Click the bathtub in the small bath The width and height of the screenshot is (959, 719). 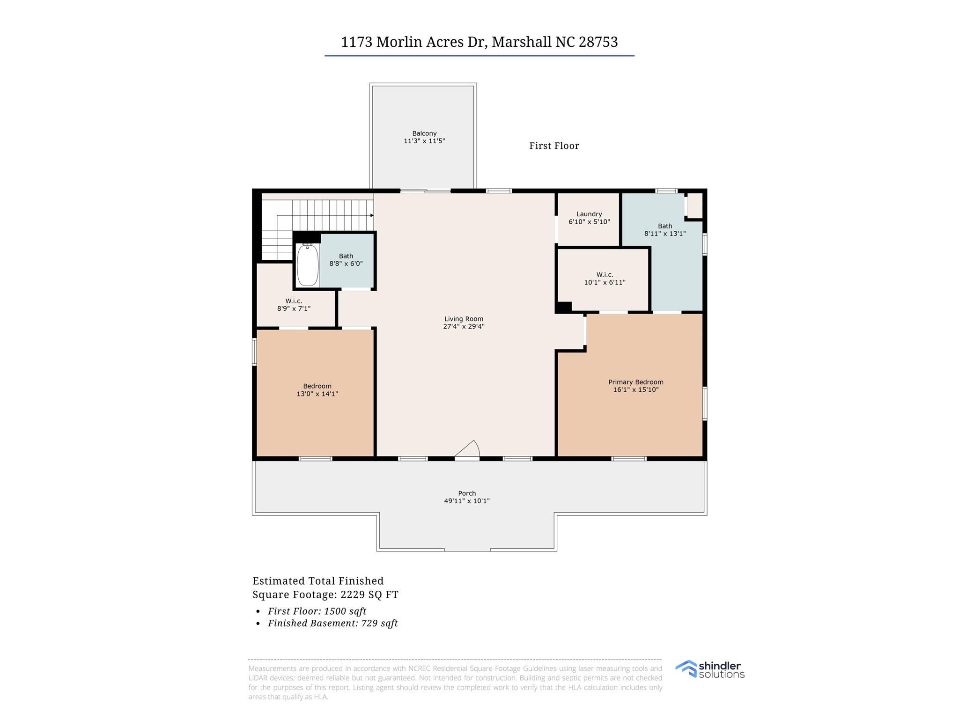(x=308, y=264)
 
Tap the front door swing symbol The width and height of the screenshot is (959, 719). (x=468, y=449)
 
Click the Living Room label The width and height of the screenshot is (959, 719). (x=464, y=319)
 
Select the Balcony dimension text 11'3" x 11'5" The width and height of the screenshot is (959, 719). (x=424, y=141)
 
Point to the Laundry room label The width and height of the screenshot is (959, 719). (x=589, y=214)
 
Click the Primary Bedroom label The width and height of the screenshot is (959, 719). (x=635, y=382)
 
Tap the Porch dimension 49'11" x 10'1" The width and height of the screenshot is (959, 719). (x=467, y=501)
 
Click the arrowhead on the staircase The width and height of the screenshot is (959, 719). (x=372, y=215)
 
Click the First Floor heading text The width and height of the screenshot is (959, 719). (x=554, y=146)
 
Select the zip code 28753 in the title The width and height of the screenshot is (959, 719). (x=598, y=42)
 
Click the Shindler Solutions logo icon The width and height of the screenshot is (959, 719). (x=686, y=668)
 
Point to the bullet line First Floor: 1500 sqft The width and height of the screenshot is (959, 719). (x=317, y=611)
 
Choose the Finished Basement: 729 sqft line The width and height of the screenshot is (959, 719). (x=332, y=624)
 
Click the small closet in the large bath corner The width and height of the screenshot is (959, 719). (x=695, y=205)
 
